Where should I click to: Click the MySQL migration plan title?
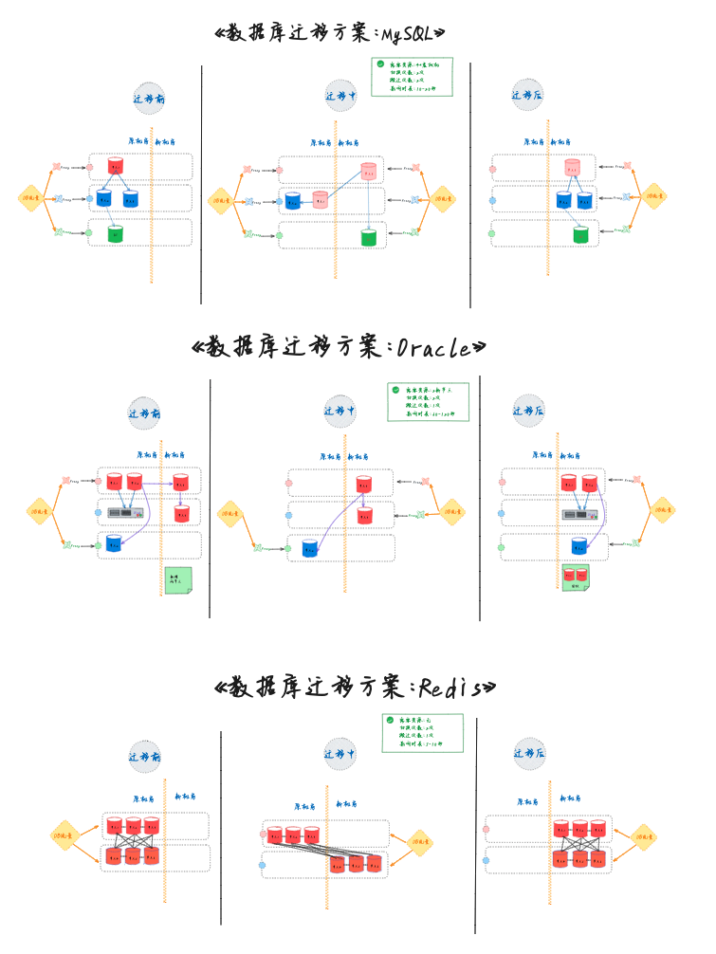331,33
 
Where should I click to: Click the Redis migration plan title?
356,687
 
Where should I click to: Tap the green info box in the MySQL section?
412,77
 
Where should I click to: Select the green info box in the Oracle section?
428,401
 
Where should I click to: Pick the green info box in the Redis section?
422,733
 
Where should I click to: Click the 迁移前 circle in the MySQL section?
150,98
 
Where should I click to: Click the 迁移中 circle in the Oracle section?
340,411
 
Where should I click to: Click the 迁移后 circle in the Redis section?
529,754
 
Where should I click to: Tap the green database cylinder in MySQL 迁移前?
116,233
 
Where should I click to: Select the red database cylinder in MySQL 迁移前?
116,166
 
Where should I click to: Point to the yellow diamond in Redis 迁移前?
64,835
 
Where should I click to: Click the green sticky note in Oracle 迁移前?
178,580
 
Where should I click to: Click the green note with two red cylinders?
576,577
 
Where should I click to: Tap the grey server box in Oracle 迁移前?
120,513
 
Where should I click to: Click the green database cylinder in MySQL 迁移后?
580,233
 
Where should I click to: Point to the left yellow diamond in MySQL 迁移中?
222,200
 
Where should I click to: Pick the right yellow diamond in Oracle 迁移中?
451,512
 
